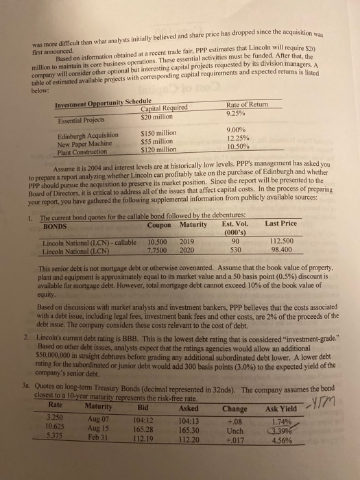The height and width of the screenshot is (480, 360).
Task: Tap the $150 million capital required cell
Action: point(158,133)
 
